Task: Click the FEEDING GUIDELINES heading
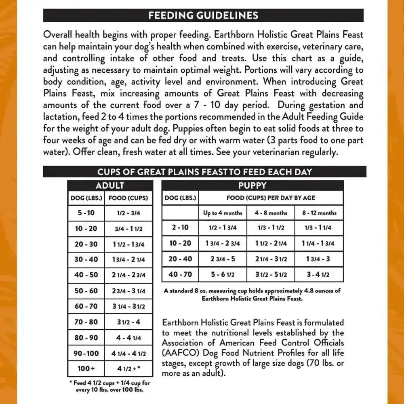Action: pyautogui.click(x=203, y=15)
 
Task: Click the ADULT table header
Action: pyautogui.click(x=110, y=186)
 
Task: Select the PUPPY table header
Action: pyautogui.click(x=253, y=186)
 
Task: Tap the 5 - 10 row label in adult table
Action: pyautogui.click(x=86, y=213)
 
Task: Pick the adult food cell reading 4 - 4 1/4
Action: pyautogui.click(x=128, y=337)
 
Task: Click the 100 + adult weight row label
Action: pyautogui.click(x=86, y=368)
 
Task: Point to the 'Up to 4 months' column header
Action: pyautogui.click(x=223, y=213)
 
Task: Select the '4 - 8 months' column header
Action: pyautogui.click(x=271, y=213)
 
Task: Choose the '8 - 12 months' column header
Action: pyautogui.click(x=319, y=213)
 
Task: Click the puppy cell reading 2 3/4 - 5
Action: pyautogui.click(x=223, y=259)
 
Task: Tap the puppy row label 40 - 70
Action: pyautogui.click(x=180, y=274)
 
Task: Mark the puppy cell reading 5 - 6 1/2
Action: pyautogui.click(x=223, y=274)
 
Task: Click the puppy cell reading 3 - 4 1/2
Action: pyautogui.click(x=319, y=274)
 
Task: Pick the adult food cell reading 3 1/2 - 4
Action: pyautogui.click(x=128, y=322)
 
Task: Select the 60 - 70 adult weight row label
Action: pyautogui.click(x=86, y=306)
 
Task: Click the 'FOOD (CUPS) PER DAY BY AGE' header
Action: pyautogui.click(x=271, y=198)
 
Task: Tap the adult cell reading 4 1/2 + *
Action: pyautogui.click(x=128, y=368)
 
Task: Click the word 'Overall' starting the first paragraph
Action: pyautogui.click(x=59, y=35)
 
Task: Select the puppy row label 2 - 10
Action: pyautogui.click(x=180, y=227)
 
